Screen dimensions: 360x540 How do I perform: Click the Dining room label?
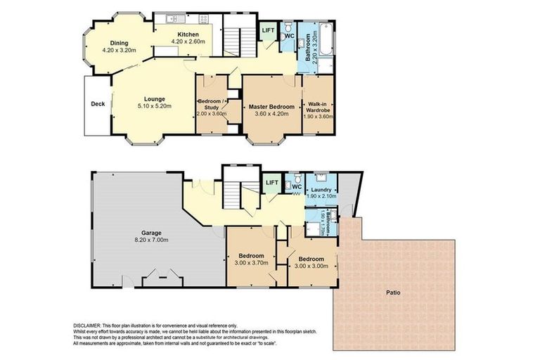pos(117,44)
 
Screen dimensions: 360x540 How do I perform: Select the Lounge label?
pos(155,98)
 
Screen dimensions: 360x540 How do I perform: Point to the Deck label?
pos(98,104)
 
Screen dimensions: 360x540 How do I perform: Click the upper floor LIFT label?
pos(268,30)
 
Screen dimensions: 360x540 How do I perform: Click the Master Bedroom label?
pos(271,106)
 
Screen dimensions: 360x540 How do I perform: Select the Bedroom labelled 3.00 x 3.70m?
pos(251,255)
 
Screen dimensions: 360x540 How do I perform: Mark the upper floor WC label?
pos(289,35)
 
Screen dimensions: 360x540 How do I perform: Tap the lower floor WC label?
pos(296,187)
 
